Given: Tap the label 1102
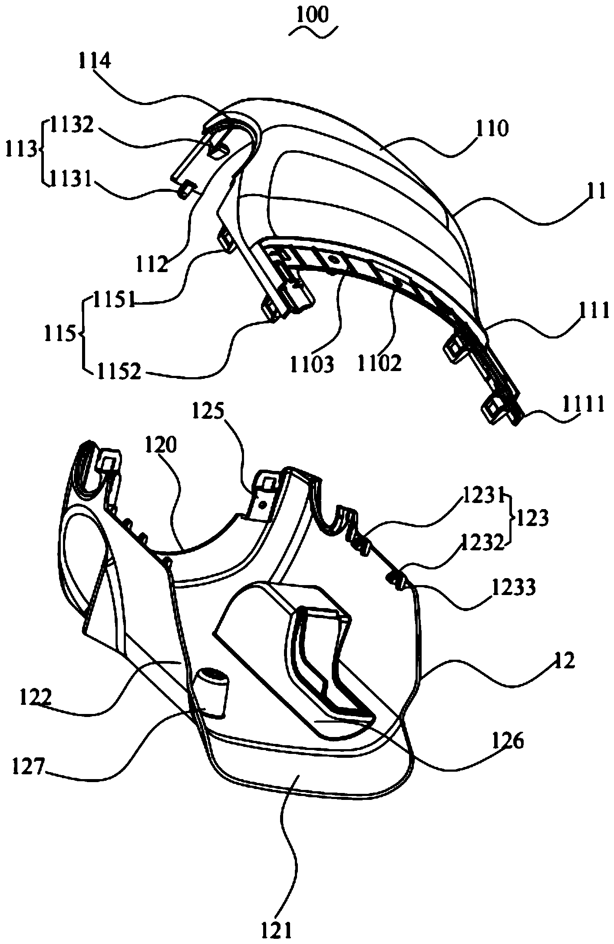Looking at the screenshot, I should point(379,363).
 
